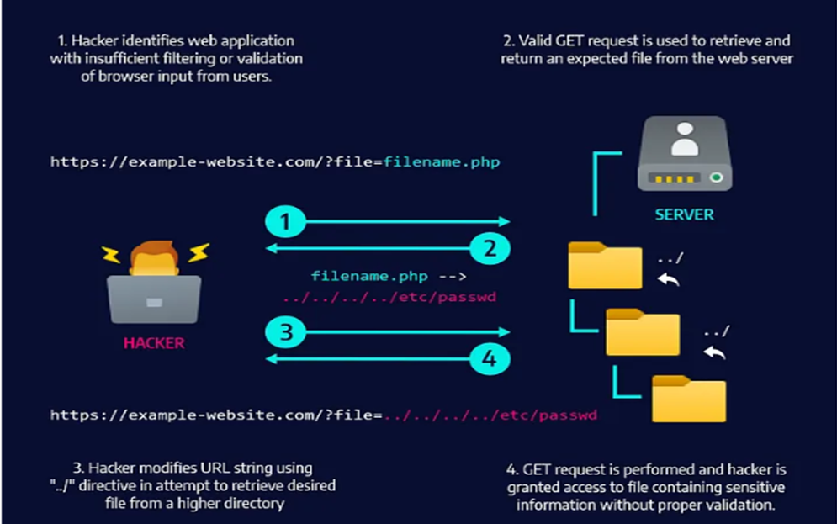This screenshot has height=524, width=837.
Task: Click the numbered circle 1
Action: [286, 222]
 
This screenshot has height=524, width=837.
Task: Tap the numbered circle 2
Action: [490, 247]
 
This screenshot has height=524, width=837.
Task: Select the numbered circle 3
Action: [286, 332]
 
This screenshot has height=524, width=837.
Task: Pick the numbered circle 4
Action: [490, 359]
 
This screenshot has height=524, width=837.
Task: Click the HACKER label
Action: [154, 343]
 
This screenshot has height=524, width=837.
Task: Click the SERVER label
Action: [684, 214]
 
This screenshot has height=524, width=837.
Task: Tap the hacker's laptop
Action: [154, 299]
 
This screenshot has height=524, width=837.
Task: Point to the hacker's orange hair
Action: [154, 250]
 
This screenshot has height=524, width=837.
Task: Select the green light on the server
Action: [715, 177]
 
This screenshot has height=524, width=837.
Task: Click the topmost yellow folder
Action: [605, 265]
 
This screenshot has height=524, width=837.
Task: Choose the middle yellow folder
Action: [643, 332]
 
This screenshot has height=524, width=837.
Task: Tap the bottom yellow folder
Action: [689, 399]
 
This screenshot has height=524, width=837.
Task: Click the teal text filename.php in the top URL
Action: [442, 161]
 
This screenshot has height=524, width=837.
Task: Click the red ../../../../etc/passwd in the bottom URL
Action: [490, 415]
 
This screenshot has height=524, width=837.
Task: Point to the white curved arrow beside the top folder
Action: [669, 279]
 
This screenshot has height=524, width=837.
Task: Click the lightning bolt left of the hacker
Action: [111, 254]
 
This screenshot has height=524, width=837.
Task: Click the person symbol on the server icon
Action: [685, 140]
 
